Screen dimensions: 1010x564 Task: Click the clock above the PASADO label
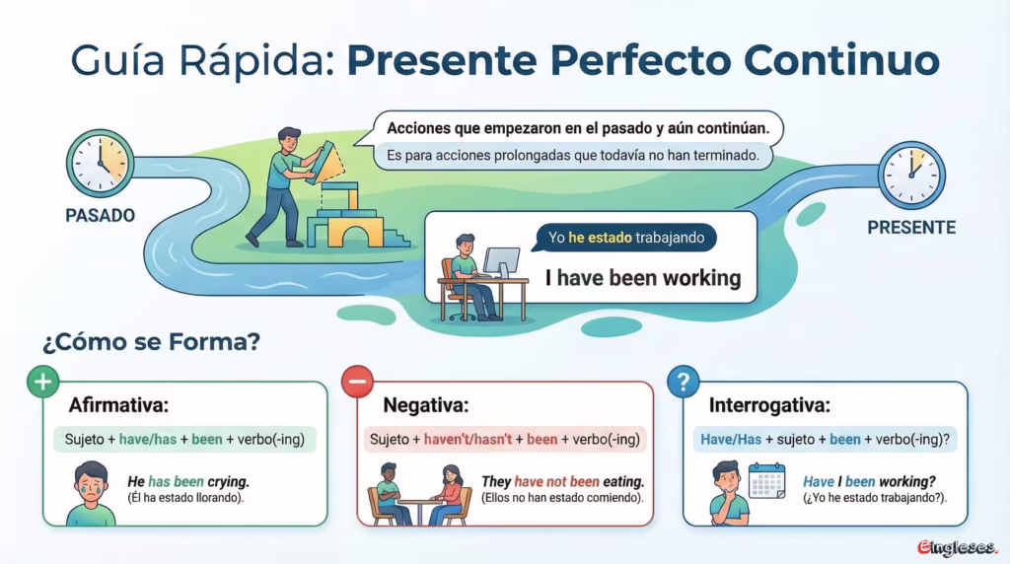pyautogui.click(x=100, y=163)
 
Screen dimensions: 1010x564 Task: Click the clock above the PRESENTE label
pyautogui.click(x=911, y=176)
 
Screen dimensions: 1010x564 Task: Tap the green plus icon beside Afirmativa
pyautogui.click(x=43, y=382)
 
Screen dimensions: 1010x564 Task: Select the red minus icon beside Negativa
pyautogui.click(x=357, y=382)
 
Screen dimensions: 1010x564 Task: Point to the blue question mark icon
pyautogui.click(x=684, y=382)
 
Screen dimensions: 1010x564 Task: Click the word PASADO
pyautogui.click(x=100, y=215)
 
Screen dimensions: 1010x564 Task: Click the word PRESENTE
pyautogui.click(x=911, y=227)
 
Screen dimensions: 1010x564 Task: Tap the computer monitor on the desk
pyautogui.click(x=502, y=262)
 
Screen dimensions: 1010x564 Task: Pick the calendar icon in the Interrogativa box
pyautogui.click(x=766, y=480)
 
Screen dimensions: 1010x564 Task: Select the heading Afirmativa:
pyautogui.click(x=118, y=405)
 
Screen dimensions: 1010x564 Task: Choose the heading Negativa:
pyautogui.click(x=426, y=405)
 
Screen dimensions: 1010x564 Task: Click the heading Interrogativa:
pyautogui.click(x=769, y=405)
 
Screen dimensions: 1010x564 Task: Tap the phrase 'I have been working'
pyautogui.click(x=643, y=278)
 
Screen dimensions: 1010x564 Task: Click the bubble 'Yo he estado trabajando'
pyautogui.click(x=626, y=238)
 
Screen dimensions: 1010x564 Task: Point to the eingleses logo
pyautogui.click(x=957, y=547)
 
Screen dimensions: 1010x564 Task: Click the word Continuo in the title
pyautogui.click(x=842, y=60)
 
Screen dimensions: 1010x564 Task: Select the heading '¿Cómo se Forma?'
pyautogui.click(x=151, y=341)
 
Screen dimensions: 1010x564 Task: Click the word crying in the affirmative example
pyautogui.click(x=228, y=481)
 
